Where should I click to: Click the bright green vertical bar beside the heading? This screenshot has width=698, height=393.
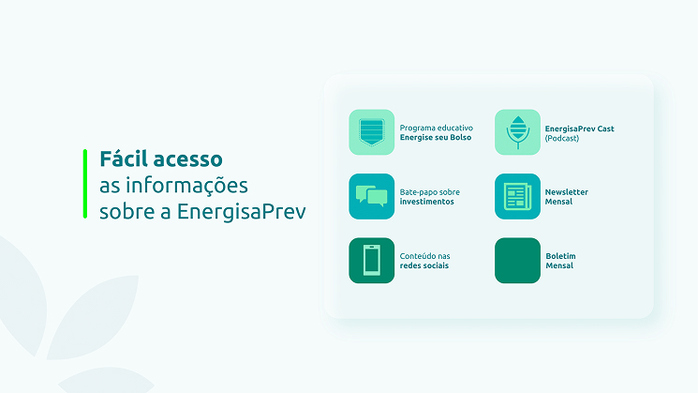click(x=84, y=184)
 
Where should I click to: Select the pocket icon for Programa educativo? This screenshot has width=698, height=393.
click(x=372, y=132)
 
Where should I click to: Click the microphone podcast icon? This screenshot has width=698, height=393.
click(x=518, y=132)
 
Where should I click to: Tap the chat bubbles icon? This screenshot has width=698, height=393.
click(x=372, y=196)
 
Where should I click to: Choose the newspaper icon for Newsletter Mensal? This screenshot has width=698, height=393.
click(x=518, y=196)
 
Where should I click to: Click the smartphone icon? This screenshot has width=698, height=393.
click(x=372, y=260)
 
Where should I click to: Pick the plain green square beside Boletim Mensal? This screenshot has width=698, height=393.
click(x=518, y=260)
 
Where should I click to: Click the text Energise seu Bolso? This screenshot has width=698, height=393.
click(x=435, y=138)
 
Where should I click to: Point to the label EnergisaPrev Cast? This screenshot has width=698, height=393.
click(x=579, y=128)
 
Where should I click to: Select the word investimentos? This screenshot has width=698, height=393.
click(x=426, y=202)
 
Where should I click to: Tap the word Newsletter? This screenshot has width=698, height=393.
click(x=567, y=192)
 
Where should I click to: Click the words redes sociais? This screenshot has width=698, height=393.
click(x=423, y=265)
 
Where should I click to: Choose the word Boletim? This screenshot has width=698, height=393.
click(x=560, y=256)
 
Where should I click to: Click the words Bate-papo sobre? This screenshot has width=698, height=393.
click(x=429, y=192)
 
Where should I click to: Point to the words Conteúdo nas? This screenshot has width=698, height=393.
click(x=424, y=256)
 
